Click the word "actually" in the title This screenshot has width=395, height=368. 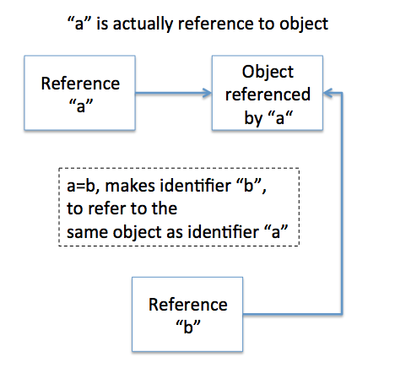click(x=143, y=24)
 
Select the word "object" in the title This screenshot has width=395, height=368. click(x=304, y=24)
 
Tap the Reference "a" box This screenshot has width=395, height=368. click(x=80, y=93)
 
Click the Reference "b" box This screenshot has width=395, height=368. click(x=187, y=314)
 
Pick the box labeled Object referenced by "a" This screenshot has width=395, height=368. click(x=268, y=93)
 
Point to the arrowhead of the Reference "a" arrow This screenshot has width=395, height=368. click(x=207, y=93)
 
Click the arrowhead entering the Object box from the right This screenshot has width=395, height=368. click(x=328, y=93)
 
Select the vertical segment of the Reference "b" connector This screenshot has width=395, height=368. click(x=342, y=203)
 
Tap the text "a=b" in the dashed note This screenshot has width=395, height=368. click(x=83, y=187)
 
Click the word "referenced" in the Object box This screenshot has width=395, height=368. click(x=268, y=95)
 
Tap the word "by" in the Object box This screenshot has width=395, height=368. click(x=253, y=118)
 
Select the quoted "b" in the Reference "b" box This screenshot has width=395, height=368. click(x=188, y=327)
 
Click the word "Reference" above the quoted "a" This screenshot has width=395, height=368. click(x=80, y=84)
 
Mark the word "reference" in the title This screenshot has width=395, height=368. click(x=216, y=24)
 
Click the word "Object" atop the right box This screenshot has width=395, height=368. click(x=268, y=73)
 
